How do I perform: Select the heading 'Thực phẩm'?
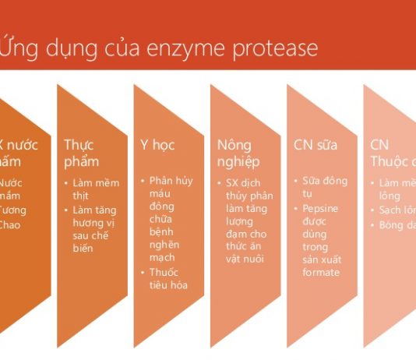(x=81, y=153)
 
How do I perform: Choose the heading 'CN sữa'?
(x=314, y=145)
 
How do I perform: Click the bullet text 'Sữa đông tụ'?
(x=320, y=187)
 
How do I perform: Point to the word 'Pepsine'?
(x=321, y=208)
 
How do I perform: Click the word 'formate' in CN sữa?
(x=321, y=272)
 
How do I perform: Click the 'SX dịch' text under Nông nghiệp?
(x=242, y=183)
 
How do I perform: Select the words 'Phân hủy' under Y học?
(x=171, y=182)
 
